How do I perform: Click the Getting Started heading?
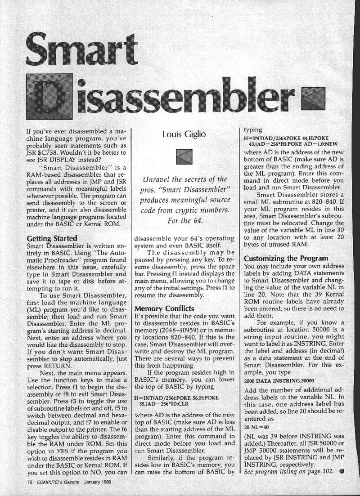pyautogui.click(x=52, y=238)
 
